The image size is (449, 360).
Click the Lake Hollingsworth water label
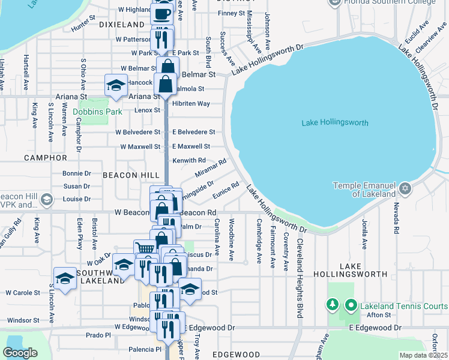click(336, 123)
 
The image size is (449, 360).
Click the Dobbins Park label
click(97, 112)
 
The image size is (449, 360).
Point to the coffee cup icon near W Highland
click(161, 13)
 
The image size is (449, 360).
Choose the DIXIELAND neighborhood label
click(122, 25)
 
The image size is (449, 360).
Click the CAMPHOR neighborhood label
click(46, 158)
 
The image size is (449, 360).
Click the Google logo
click(20, 352)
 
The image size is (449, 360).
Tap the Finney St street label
click(232, 13)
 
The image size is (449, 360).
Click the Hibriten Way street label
click(191, 103)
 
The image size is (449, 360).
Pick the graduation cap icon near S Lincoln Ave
click(65, 278)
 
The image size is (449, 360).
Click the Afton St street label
click(379, 314)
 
